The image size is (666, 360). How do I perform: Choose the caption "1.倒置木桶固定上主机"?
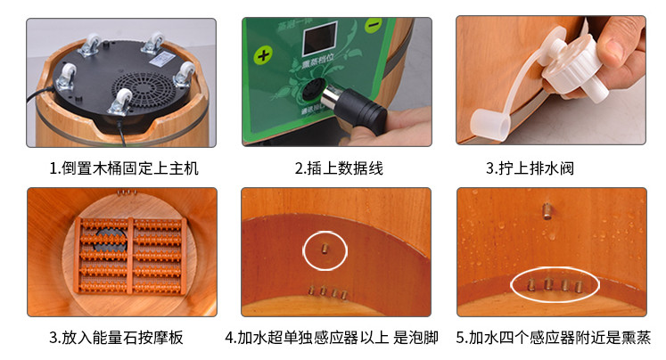tap(124, 168)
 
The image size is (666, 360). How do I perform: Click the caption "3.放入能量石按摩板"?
tap(124, 339)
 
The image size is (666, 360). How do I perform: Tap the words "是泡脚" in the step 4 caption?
tap(416, 339)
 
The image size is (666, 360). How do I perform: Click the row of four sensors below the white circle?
tap(324, 291)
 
